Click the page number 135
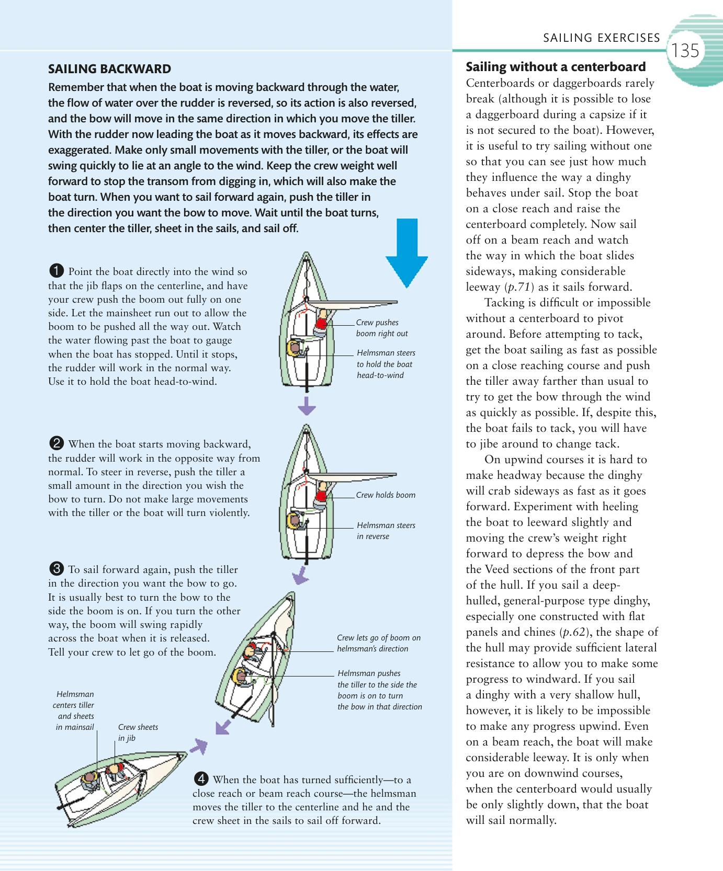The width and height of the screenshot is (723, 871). coord(685,51)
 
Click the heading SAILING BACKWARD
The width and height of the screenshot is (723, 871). coord(109,69)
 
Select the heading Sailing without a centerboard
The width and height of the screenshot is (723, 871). coord(556,67)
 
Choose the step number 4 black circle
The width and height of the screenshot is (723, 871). coord(201,780)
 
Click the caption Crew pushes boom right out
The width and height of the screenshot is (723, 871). coord(381,328)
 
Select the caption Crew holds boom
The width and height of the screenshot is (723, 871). coord(386,495)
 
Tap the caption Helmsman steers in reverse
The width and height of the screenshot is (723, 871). coord(386,531)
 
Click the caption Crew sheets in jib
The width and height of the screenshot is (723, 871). coord(138,732)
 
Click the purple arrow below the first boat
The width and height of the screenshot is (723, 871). coord(307,405)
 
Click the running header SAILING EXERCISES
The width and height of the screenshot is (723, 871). coord(602,38)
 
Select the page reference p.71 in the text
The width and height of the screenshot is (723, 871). coord(518,287)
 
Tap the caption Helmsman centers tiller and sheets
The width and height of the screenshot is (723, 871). coord(75,710)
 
